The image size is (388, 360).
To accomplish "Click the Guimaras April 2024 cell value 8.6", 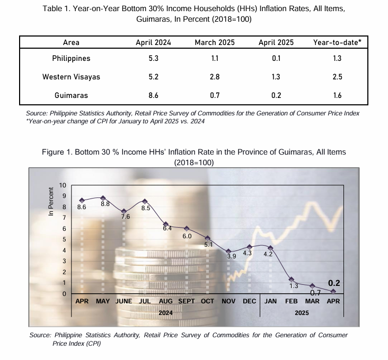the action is (153, 95).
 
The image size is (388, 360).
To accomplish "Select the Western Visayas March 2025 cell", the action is (215, 77).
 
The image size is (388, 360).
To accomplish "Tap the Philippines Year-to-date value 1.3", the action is (337, 58).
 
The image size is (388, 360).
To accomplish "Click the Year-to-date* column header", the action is (337, 42).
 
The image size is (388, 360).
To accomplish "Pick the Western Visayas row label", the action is (71, 77).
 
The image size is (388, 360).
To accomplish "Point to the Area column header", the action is (71, 42).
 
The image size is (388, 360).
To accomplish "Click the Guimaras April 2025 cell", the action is (276, 95).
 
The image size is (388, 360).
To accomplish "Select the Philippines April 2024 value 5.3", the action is (153, 58).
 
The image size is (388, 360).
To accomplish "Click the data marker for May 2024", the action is (103, 198).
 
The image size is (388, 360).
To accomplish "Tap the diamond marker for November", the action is (228, 251).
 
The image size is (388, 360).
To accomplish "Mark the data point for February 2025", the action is (292, 280).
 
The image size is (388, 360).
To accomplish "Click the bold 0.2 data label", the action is (334, 283).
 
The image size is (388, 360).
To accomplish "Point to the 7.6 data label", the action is (126, 217).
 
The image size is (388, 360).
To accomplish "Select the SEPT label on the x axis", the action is (187, 301).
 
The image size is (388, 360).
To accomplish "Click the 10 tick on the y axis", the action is (63, 185).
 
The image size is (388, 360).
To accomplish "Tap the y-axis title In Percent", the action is (51, 202).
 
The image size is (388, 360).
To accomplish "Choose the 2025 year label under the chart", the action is (302, 313).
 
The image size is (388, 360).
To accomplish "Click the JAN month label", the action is (270, 301).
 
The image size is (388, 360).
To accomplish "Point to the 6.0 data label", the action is (187, 236).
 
